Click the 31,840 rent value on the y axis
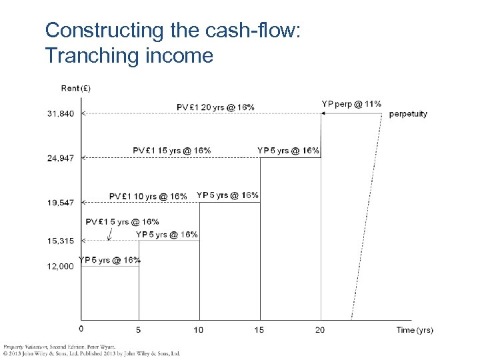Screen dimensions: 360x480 (61, 114)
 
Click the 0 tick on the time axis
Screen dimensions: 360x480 (81, 329)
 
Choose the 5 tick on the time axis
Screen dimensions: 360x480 (139, 329)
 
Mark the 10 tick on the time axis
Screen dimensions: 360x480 (199, 329)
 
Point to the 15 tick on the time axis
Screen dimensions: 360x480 (259, 329)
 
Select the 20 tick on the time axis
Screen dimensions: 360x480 (320, 329)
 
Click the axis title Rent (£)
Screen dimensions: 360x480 (76, 88)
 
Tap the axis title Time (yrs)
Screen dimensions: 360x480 (415, 330)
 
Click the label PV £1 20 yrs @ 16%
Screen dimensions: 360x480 (215, 107)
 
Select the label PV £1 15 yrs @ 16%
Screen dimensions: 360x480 (172, 151)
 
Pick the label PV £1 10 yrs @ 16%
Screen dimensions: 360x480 (148, 196)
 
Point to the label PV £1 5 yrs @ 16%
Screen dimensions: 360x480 (123, 221)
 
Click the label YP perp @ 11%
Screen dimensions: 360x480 (351, 103)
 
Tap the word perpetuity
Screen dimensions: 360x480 (408, 114)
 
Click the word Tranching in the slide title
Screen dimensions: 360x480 (91, 55)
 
